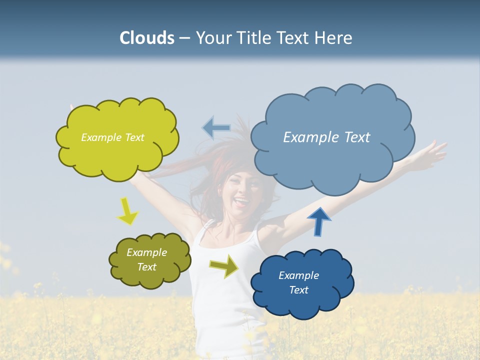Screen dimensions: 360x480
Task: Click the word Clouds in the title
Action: click(146, 38)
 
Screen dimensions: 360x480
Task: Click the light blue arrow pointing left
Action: click(216, 127)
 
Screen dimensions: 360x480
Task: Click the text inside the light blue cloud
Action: click(326, 137)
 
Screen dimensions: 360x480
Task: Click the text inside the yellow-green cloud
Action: click(112, 137)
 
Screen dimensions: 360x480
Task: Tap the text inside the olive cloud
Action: click(147, 259)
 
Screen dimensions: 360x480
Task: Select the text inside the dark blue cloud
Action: click(298, 282)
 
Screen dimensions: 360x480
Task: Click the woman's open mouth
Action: click(242, 202)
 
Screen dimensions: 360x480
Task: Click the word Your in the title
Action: click(214, 38)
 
